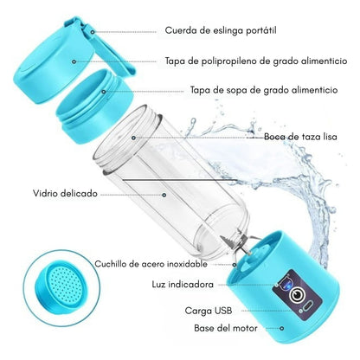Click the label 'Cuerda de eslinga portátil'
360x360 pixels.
click(221, 30)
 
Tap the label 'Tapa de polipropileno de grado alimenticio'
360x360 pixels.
click(256, 61)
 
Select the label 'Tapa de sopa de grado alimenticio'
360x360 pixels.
click(264, 90)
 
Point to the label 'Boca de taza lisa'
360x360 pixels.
click(300, 137)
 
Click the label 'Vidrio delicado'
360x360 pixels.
click(65, 193)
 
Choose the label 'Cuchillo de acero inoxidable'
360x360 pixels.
click(151, 264)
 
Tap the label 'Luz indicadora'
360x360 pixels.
click(183, 285)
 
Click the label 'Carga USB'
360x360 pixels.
click(209, 311)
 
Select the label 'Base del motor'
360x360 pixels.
click(226, 328)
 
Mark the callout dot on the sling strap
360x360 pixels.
click(93, 32)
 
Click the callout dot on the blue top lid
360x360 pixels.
click(74, 61)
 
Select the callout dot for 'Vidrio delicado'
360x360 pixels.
click(164, 195)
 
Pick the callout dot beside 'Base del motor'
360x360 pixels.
click(282, 328)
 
